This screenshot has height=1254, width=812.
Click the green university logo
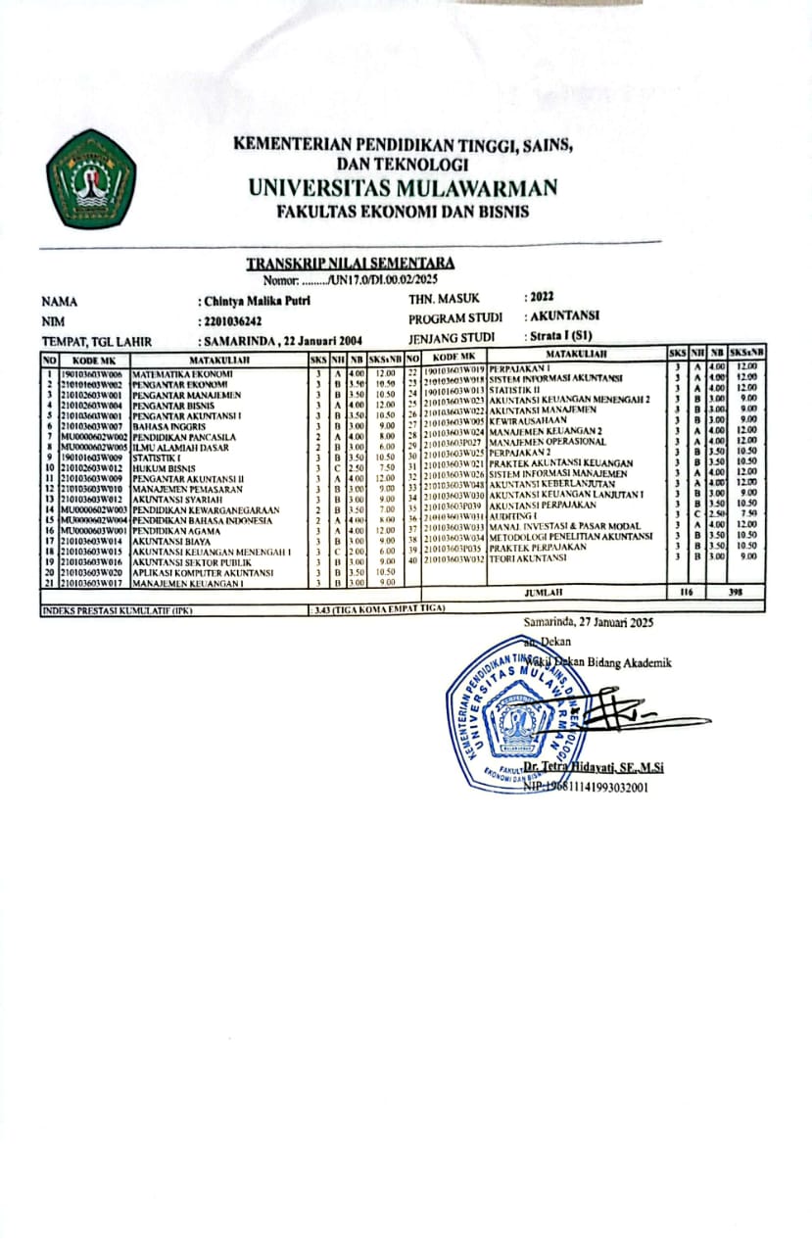[x=90, y=178]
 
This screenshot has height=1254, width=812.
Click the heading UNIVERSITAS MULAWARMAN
[x=403, y=188]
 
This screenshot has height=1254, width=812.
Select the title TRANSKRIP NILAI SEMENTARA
[x=350, y=263]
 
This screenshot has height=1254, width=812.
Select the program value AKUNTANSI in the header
[x=564, y=316]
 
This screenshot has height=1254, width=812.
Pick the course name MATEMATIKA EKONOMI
[x=182, y=374]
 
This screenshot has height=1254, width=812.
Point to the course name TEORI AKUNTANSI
[x=529, y=557]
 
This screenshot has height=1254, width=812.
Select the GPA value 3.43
[x=321, y=608]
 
